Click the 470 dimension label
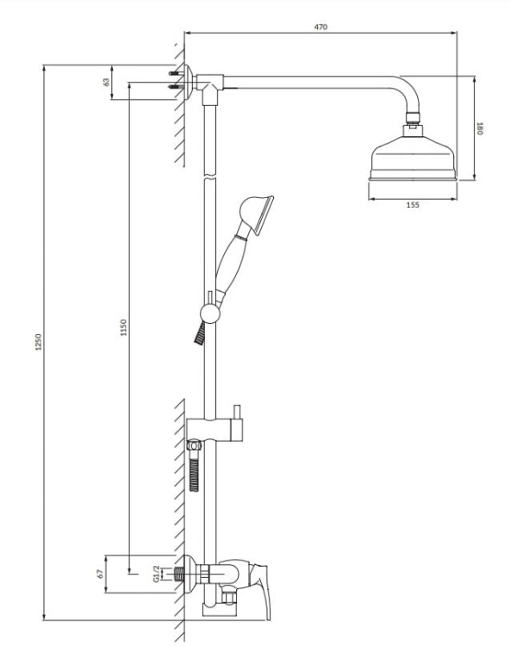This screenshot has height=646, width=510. [x=320, y=28]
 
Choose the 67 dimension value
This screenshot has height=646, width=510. [x=101, y=572]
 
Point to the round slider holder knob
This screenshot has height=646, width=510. [x=208, y=313]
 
